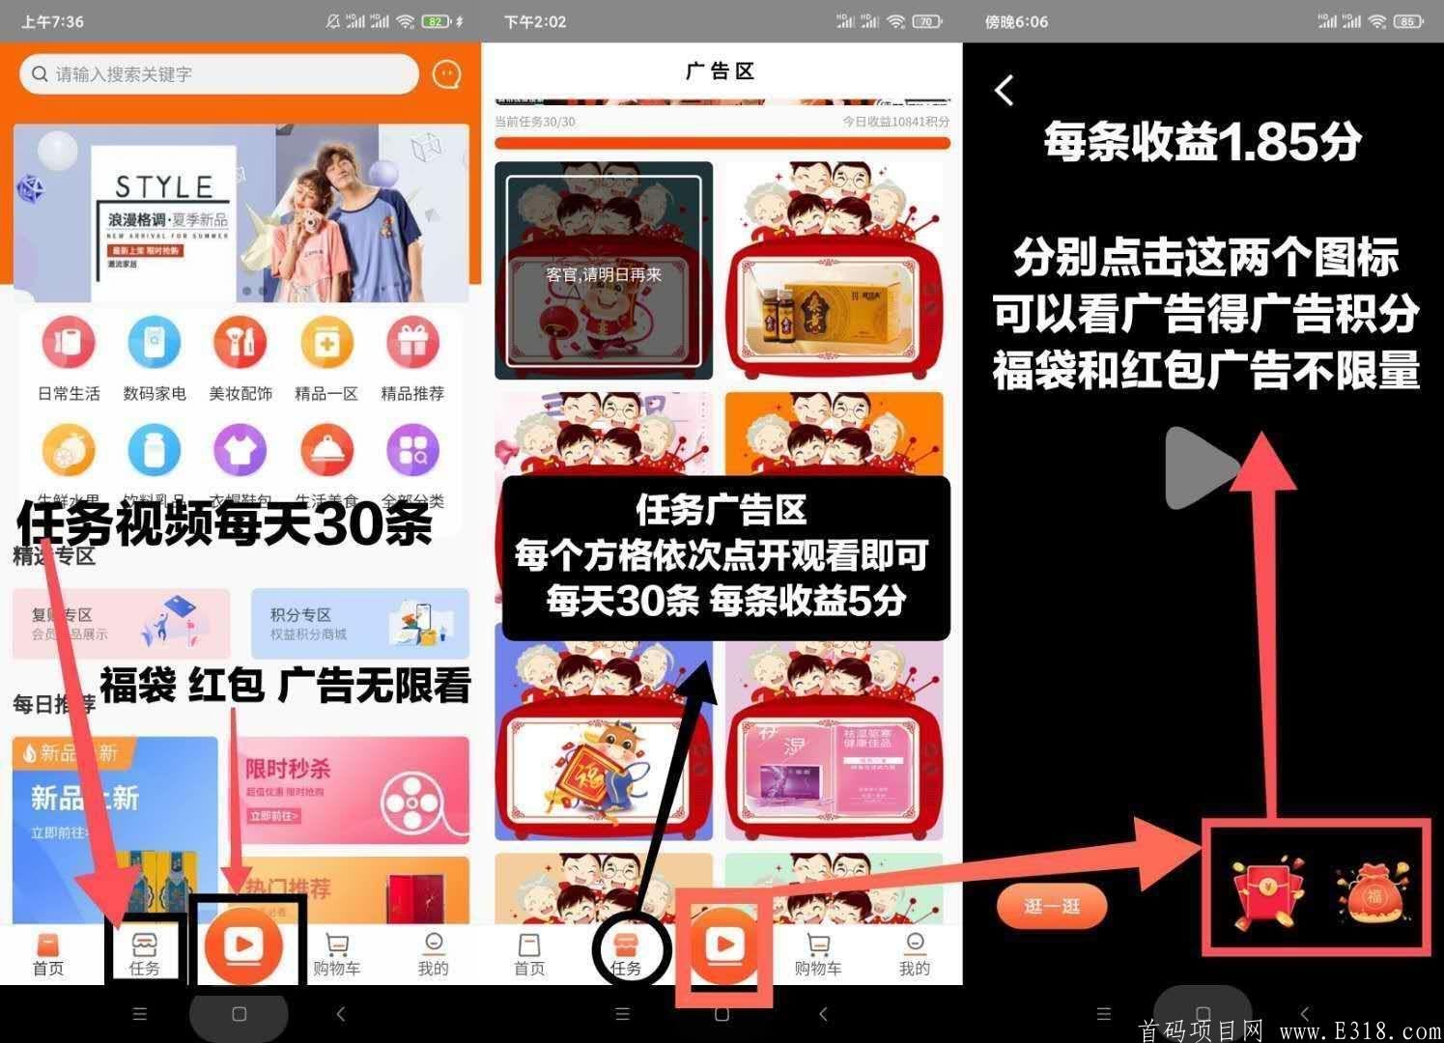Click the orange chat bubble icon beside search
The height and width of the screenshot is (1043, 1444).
click(x=446, y=74)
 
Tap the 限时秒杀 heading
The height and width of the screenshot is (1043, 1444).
click(x=287, y=769)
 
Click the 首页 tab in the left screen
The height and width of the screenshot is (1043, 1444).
click(x=48, y=954)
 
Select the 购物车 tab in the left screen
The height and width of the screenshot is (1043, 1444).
click(x=336, y=954)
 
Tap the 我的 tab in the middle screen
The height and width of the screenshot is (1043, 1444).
click(x=914, y=954)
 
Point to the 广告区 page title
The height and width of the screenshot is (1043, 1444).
click(x=721, y=71)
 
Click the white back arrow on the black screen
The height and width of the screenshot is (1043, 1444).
click(x=1005, y=91)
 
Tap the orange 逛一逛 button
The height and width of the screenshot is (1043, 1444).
click(x=1051, y=906)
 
